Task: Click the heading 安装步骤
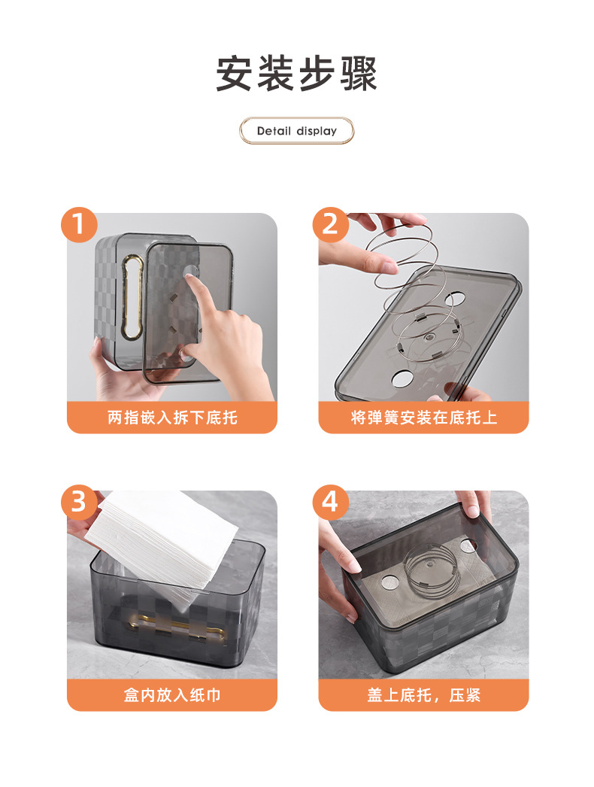[x=296, y=74]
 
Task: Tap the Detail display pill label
[x=296, y=131]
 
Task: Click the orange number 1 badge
[x=79, y=224]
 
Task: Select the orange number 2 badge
[x=330, y=224]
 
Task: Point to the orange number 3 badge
[x=79, y=502]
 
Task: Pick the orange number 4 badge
[x=330, y=502]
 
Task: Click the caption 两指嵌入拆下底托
[x=172, y=418]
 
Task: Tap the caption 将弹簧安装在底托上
[x=424, y=418]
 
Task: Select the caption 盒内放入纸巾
[x=172, y=695]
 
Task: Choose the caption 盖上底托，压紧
[x=424, y=695]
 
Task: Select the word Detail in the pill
[x=274, y=131]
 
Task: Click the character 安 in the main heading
[x=234, y=74]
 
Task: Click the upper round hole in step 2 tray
[x=456, y=299]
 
